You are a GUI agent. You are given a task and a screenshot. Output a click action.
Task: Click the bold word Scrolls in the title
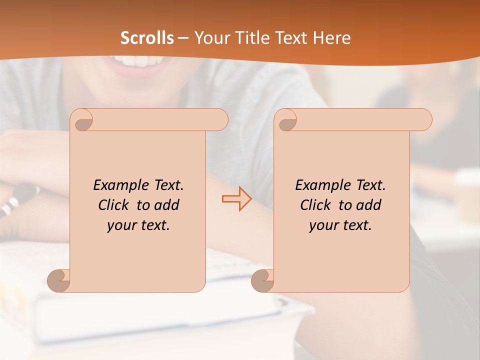[147, 38]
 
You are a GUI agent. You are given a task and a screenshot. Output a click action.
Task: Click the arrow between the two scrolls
[236, 199]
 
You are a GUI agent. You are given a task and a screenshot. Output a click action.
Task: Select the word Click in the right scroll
[316, 205]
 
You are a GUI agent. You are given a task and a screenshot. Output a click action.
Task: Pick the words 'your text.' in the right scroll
[340, 225]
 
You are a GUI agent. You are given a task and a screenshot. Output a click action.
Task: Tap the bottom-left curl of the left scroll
[59, 280]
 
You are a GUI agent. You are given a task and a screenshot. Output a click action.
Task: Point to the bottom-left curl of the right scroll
[263, 280]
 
